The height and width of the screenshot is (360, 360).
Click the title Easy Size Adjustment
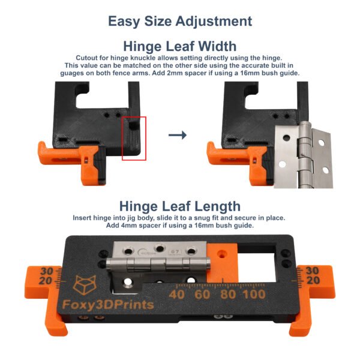click(180, 21)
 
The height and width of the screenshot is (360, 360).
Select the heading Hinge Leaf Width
click(179, 46)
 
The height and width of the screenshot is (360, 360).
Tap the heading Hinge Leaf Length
click(179, 206)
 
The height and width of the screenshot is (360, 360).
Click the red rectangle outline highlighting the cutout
click(135, 139)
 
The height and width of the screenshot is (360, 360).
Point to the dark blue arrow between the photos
click(177, 135)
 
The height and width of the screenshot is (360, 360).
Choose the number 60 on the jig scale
click(203, 295)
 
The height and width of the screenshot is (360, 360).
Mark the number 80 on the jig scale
click(227, 295)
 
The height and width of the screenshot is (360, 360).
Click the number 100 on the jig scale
click(254, 295)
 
